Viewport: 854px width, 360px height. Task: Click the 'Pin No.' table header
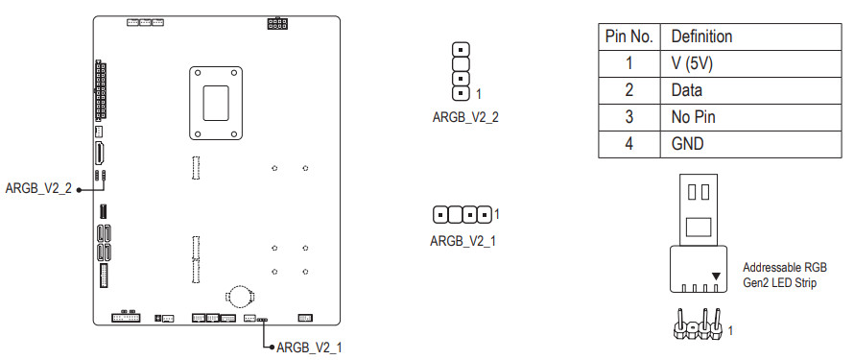pos(629,37)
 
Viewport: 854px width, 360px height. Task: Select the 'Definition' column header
pos(701,37)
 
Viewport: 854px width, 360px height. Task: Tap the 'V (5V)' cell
pos(692,63)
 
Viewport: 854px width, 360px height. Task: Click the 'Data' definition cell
pos(686,90)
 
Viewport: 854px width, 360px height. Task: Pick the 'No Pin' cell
pos(693,117)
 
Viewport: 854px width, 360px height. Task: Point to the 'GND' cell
pos(687,144)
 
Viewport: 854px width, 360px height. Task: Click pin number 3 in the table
pos(629,117)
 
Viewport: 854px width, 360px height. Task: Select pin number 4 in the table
pos(629,144)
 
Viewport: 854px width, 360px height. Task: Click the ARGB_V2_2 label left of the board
pos(38,189)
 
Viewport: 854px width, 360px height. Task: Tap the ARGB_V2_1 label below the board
pos(309,348)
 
